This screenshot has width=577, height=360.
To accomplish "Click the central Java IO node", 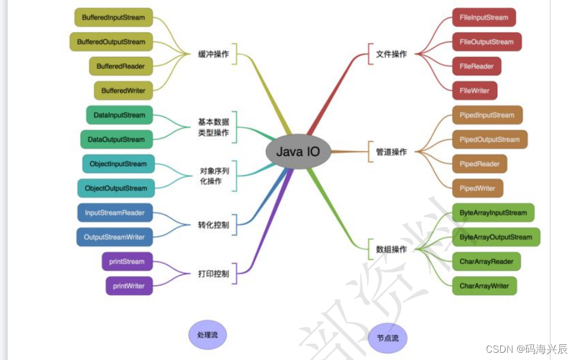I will [298, 152].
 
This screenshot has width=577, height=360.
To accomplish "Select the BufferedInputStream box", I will [113, 17].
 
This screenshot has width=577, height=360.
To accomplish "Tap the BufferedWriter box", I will [123, 91].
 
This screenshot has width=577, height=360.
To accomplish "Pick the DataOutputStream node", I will [116, 139].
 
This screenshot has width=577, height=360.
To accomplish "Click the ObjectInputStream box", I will [118, 164].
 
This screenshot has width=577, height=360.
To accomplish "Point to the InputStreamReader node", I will [115, 212].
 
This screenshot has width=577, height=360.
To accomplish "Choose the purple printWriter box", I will [129, 286].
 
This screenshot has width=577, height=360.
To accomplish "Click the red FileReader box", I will [476, 66].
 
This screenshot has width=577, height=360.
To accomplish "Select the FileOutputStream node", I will [486, 42].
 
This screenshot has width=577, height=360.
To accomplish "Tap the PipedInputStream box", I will [486, 115].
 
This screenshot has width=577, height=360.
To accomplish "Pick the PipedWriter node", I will [477, 188].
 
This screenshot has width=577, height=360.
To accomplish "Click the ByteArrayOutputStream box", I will [495, 237].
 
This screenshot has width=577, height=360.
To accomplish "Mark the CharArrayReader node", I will [486, 262].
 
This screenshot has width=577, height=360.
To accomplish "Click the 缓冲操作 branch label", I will [214, 54].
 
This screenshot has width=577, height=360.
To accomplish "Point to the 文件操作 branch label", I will [391, 54].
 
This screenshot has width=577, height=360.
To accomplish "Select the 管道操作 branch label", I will [391, 152].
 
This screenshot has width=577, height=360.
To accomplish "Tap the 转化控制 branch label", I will [214, 225].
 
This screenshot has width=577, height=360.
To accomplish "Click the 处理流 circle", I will [208, 335].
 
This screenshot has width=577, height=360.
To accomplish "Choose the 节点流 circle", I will [387, 338].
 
